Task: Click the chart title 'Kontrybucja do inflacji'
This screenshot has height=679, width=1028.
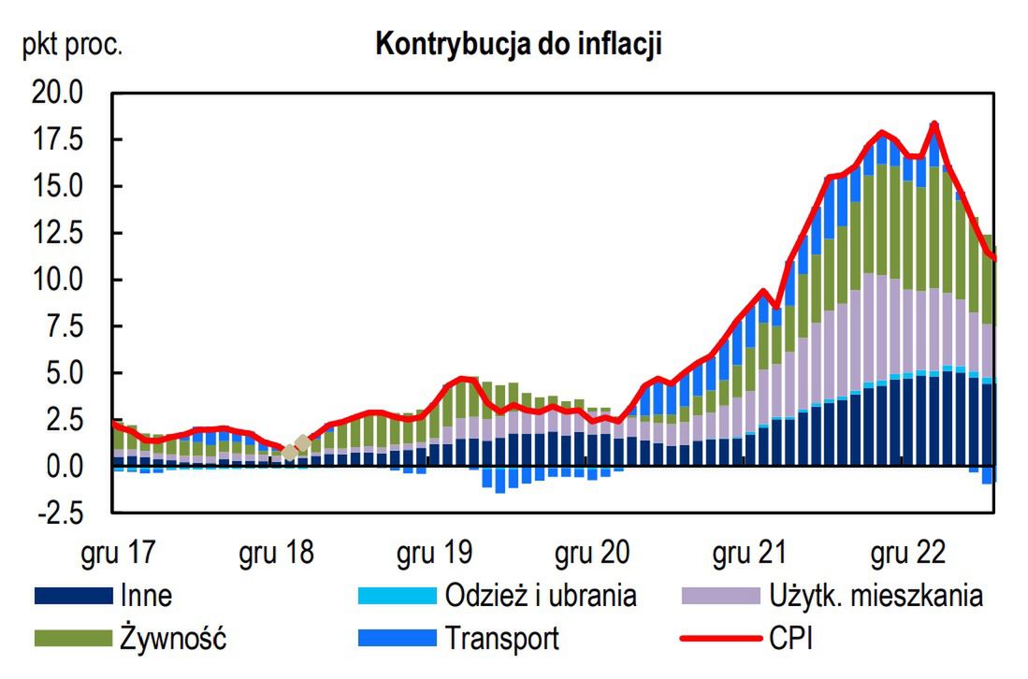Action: [x=518, y=45]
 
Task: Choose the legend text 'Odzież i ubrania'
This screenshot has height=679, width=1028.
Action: [x=541, y=596]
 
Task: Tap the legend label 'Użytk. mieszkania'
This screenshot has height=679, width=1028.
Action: [x=876, y=596]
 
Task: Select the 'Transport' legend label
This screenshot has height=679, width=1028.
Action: [x=502, y=639]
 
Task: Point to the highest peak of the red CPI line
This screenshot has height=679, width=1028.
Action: [x=934, y=123]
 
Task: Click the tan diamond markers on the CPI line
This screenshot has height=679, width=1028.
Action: [x=296, y=447]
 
